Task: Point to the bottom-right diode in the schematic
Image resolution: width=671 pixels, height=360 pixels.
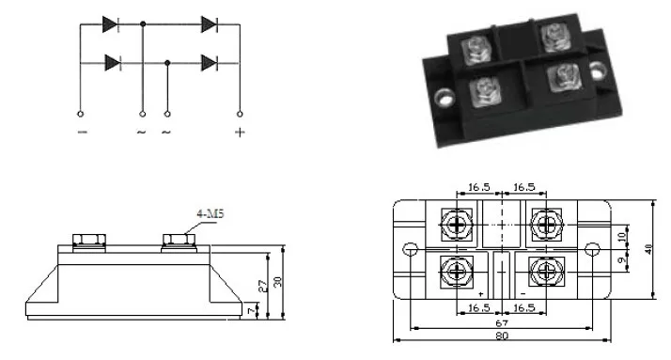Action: tap(210, 63)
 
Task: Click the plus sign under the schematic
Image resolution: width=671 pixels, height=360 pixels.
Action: tap(240, 132)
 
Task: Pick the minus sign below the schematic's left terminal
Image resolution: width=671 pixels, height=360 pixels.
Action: tap(83, 132)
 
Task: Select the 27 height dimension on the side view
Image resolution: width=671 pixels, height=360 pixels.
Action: tap(264, 287)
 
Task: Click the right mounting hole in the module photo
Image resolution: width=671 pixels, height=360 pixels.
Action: tap(596, 68)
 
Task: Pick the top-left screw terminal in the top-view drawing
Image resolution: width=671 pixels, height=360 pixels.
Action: tap(456, 224)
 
